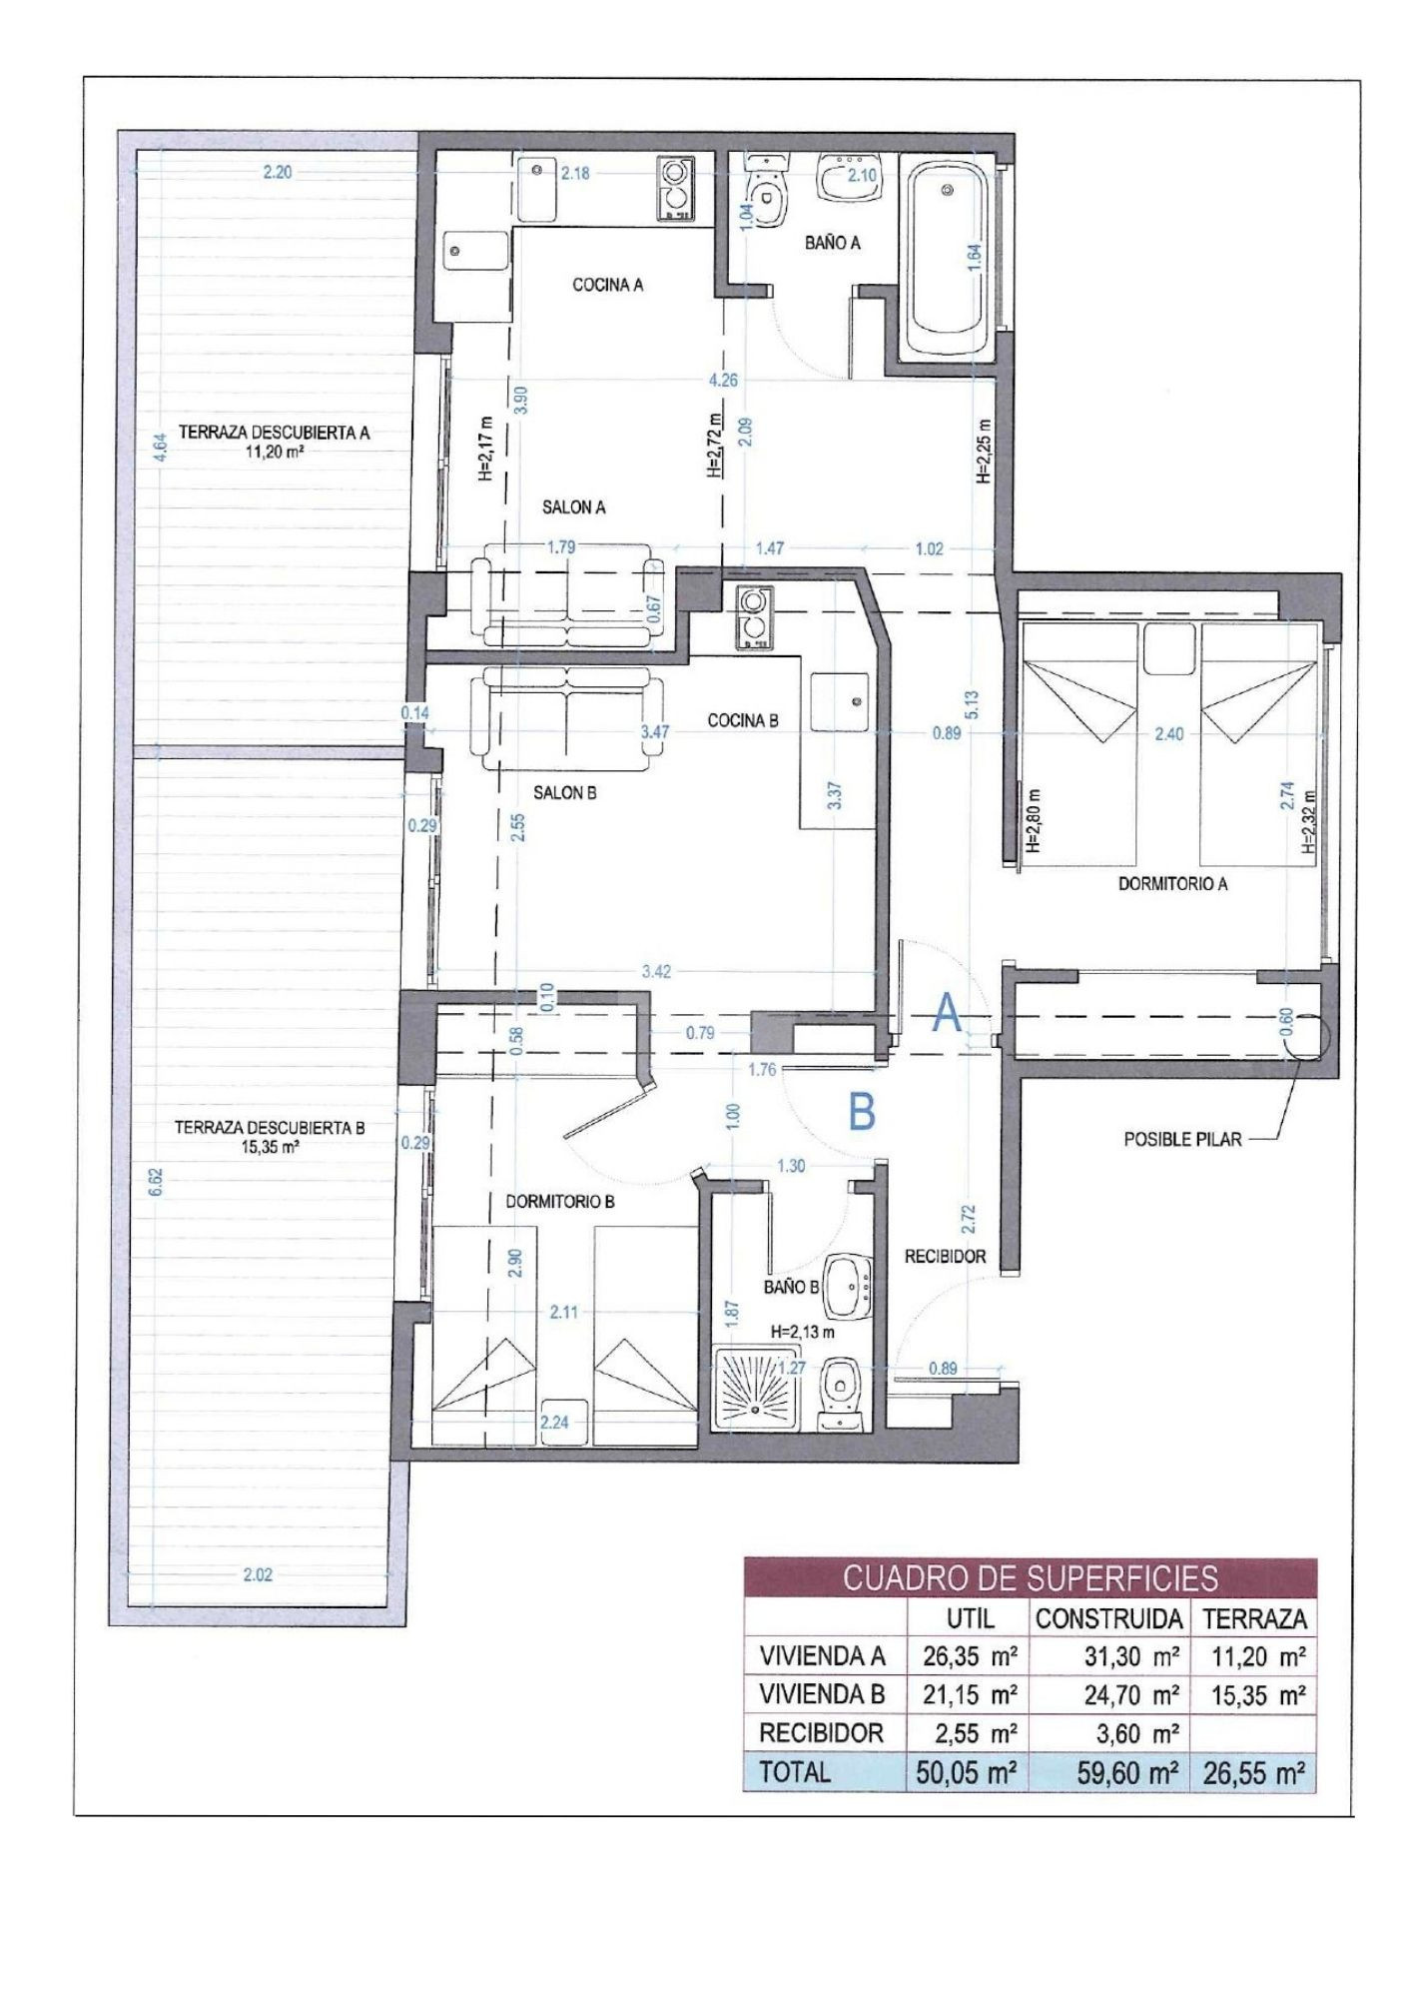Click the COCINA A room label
point(607,285)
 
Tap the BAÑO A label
point(832,242)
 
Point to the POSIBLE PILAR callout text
point(1183,1138)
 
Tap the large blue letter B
point(862,1110)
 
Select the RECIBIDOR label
point(945,1256)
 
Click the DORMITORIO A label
point(1172,883)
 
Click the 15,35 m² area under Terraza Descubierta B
point(270,1148)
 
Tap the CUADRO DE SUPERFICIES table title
point(1031,1577)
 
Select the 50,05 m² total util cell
point(966,1772)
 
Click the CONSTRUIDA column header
point(1108,1618)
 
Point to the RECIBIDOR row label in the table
point(822,1732)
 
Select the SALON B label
point(564,793)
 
